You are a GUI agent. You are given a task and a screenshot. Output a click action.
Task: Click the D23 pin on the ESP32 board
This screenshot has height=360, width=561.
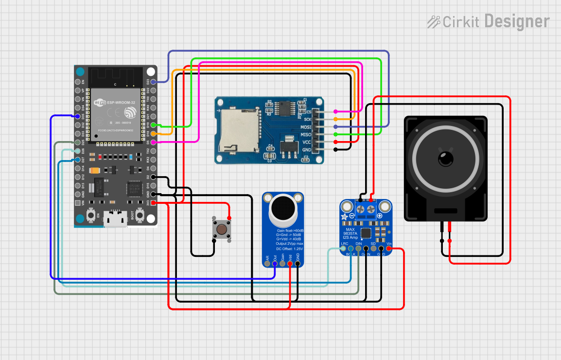point(154,82)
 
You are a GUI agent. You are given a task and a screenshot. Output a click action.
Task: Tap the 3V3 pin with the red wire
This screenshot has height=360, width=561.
point(154,203)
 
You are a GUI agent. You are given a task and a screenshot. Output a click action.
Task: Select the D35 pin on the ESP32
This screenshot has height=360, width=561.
point(77,116)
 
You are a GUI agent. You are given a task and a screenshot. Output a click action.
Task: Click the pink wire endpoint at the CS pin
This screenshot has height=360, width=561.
point(335,111)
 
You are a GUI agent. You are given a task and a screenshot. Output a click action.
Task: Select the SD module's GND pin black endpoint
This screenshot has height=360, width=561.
point(335,149)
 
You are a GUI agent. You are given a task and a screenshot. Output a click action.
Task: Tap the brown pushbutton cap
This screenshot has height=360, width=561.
point(221,229)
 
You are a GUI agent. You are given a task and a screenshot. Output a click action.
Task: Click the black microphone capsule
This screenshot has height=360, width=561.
point(283,207)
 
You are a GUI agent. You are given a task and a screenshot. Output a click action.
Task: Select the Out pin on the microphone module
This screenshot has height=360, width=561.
point(275,264)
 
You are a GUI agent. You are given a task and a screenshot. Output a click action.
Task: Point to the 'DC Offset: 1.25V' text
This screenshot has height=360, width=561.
point(286,249)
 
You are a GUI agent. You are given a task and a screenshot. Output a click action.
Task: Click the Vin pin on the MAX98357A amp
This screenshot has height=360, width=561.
point(389,249)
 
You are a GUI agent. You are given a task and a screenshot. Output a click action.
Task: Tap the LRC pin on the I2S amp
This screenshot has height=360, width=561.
point(343,249)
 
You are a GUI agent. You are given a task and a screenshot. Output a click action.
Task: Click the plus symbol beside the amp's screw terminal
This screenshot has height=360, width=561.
point(379,216)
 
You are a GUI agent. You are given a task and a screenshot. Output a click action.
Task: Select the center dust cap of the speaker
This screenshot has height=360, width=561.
point(445,159)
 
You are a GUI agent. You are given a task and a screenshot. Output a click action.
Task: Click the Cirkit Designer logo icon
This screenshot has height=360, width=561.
point(434,21)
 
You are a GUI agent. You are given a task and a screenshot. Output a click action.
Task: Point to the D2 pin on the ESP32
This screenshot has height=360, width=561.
point(154,177)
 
